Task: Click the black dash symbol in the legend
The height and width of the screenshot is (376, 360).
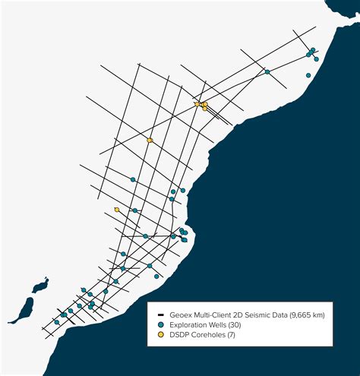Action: (161, 314)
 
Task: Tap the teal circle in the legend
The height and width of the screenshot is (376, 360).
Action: (161, 324)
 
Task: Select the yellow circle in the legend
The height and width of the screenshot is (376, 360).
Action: (161, 334)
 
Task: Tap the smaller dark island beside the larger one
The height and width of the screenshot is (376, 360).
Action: (40, 286)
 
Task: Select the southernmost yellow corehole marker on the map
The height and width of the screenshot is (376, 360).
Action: (116, 210)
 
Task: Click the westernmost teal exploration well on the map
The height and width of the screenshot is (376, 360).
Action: (55, 322)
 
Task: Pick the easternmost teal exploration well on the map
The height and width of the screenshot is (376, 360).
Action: (317, 58)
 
